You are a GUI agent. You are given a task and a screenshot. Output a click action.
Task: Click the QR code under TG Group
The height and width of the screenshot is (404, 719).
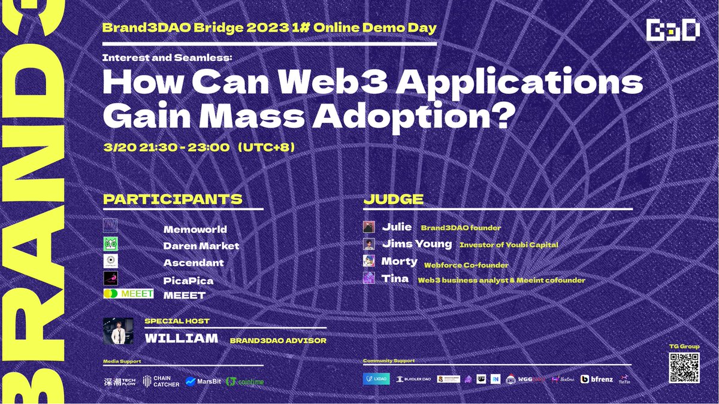(683, 368)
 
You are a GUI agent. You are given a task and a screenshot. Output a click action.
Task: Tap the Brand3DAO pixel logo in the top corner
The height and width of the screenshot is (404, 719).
(673, 31)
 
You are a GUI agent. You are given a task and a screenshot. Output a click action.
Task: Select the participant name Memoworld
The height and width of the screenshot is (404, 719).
(195, 229)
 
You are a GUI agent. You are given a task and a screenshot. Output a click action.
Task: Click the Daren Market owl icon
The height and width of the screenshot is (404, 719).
(111, 244)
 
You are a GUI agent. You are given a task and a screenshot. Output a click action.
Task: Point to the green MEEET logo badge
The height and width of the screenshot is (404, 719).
(128, 294)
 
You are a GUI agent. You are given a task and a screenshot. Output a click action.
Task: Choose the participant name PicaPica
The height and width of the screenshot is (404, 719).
(188, 280)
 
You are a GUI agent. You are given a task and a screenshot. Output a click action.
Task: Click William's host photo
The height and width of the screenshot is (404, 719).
(118, 331)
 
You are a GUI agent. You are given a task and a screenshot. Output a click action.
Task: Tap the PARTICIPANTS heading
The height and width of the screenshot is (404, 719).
(173, 199)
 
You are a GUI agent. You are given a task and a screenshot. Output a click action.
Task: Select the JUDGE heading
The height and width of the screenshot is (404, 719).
(393, 199)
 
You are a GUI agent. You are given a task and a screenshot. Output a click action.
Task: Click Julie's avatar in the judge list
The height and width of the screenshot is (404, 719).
(369, 227)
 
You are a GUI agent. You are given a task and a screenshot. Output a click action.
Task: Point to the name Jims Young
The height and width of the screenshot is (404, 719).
(416, 244)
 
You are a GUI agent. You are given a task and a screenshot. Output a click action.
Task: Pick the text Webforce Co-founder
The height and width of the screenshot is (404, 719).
(466, 265)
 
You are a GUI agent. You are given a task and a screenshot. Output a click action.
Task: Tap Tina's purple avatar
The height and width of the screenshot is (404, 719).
(369, 278)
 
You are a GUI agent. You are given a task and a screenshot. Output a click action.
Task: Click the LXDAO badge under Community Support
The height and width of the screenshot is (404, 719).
(376, 379)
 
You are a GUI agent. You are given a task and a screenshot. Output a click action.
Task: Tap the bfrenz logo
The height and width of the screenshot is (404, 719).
(596, 379)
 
